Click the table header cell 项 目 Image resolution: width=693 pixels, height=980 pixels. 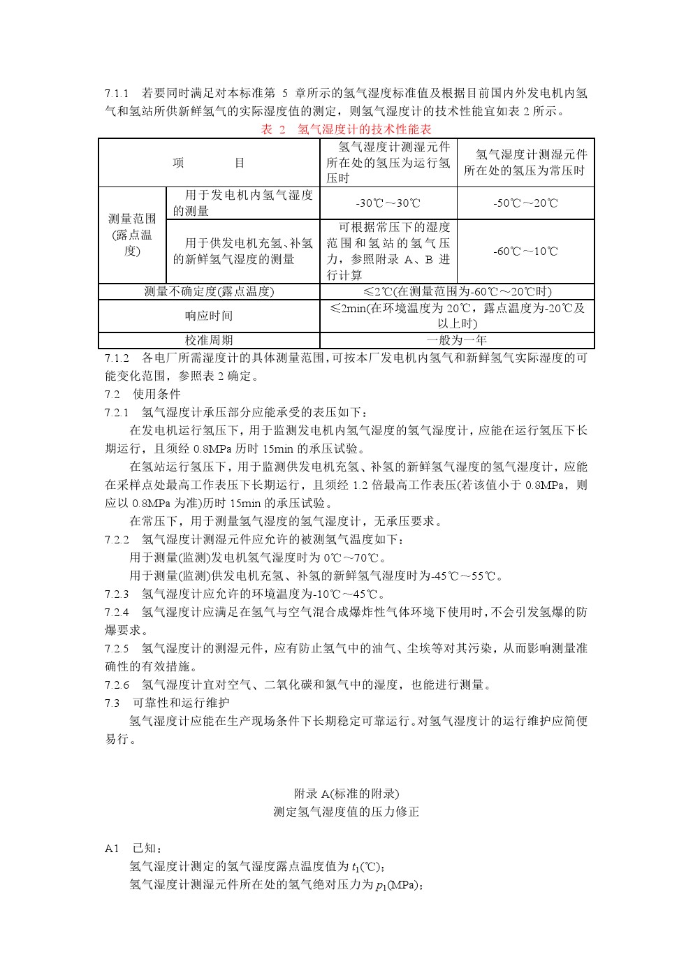(209, 163)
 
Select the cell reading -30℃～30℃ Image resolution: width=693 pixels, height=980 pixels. (388, 203)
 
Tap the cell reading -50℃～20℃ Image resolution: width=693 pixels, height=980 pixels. (525, 203)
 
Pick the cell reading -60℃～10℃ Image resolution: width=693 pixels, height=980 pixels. (525, 251)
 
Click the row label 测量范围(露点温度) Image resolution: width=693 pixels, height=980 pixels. (132, 235)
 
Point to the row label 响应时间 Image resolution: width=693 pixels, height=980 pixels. (209, 316)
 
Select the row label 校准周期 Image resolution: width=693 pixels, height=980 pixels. (209, 340)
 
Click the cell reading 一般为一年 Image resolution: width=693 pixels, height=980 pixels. (457, 340)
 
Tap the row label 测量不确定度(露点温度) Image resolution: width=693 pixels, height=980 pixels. (209, 291)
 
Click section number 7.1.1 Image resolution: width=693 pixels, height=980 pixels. (117, 93)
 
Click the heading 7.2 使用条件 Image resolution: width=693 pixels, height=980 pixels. (143, 394)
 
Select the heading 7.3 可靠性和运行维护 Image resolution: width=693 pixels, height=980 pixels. (167, 703)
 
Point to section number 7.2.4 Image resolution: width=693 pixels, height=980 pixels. (117, 612)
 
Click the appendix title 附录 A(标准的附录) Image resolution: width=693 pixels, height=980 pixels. (346, 793)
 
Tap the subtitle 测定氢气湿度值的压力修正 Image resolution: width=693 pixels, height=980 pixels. (346, 812)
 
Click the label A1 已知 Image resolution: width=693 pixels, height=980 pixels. (133, 848)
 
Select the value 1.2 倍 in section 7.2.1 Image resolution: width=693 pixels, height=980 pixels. (367, 485)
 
